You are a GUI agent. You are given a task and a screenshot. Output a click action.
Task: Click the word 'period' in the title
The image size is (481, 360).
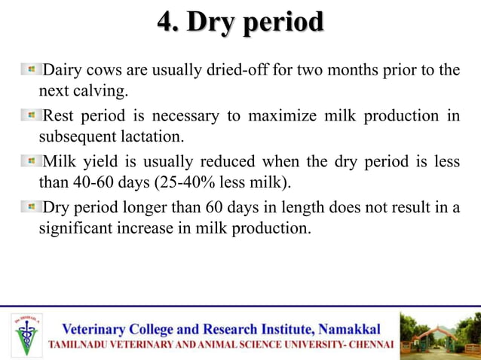(x=284, y=23)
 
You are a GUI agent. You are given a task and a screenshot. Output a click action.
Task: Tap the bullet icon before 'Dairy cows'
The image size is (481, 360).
(x=32, y=70)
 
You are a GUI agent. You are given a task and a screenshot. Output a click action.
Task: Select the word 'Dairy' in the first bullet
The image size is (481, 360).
(x=63, y=71)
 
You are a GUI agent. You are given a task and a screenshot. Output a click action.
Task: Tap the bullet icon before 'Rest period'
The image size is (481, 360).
(x=32, y=115)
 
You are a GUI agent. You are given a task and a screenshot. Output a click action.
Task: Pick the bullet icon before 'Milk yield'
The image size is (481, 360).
(x=32, y=161)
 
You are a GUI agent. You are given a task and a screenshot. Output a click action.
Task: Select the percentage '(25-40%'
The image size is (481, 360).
(x=176, y=183)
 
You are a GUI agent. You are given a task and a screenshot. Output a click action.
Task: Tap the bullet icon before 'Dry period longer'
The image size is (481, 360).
(x=32, y=207)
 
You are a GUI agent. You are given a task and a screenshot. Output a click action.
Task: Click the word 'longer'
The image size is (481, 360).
(x=160, y=207)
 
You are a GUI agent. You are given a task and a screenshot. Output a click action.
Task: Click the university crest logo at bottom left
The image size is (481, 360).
(x=27, y=334)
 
